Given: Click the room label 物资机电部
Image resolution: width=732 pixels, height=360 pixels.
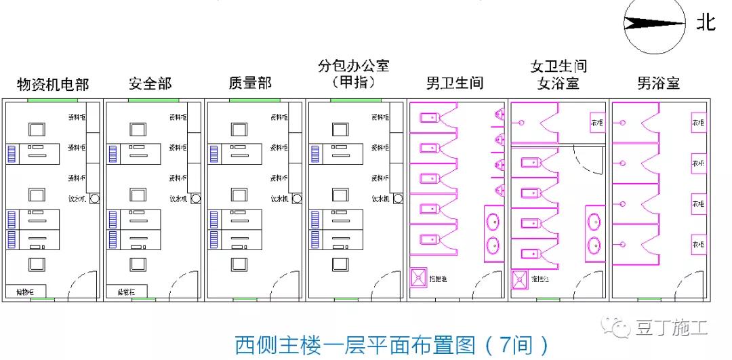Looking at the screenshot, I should click(x=53, y=85).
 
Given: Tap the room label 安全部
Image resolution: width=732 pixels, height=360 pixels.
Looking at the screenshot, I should click(x=150, y=84).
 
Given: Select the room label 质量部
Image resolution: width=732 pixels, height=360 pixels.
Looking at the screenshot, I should click(x=250, y=83).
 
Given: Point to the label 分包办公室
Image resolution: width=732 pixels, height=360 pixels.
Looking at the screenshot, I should click(x=353, y=67).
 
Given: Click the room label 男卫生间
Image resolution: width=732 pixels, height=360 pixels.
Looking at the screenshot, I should click(x=455, y=84).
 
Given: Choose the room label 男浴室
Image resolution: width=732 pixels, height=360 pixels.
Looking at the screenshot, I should click(x=658, y=84).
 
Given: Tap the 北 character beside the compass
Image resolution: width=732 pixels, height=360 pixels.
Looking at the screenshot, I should click(x=706, y=22).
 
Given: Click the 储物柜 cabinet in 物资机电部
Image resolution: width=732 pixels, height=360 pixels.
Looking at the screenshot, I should click(x=26, y=292).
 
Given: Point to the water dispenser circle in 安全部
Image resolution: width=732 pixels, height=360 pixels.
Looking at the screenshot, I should click(x=195, y=199).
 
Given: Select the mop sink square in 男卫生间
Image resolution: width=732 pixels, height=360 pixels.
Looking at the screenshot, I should click(x=420, y=277).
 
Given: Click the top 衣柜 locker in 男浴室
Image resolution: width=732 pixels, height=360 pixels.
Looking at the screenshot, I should click(x=698, y=123).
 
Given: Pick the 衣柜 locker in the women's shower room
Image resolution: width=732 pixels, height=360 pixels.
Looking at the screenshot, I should click(x=597, y=123).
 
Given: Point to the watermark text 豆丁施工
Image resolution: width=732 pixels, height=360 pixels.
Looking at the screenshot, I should click(x=671, y=329).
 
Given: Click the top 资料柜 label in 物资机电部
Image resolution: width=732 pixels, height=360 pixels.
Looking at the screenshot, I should click(x=77, y=117).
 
